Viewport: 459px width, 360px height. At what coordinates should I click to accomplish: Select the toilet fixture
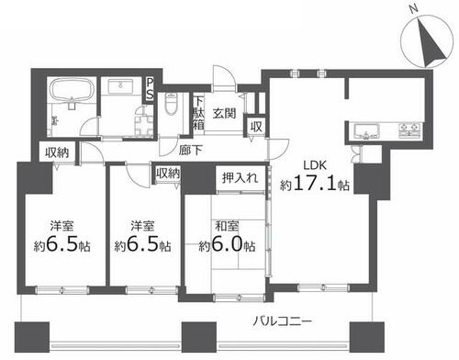171,104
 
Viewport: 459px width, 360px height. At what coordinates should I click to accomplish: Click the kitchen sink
366,131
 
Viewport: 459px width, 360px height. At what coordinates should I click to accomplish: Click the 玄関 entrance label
225,114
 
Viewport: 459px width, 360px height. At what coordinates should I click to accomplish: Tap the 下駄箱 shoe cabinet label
199,113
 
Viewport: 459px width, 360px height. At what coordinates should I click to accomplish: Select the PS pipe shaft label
150,89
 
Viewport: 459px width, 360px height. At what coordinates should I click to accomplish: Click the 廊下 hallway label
191,150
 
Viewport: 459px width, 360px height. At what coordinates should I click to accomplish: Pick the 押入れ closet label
241,177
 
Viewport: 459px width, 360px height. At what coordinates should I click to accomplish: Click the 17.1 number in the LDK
314,183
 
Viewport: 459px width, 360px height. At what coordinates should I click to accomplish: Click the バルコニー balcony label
282,321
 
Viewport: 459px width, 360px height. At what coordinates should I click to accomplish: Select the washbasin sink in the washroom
120,86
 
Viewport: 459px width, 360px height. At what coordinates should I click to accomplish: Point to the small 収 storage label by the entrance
256,127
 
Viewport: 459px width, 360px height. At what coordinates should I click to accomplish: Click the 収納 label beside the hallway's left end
57,152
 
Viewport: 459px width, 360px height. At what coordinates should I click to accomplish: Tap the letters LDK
315,165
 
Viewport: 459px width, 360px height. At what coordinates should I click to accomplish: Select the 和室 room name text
227,227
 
